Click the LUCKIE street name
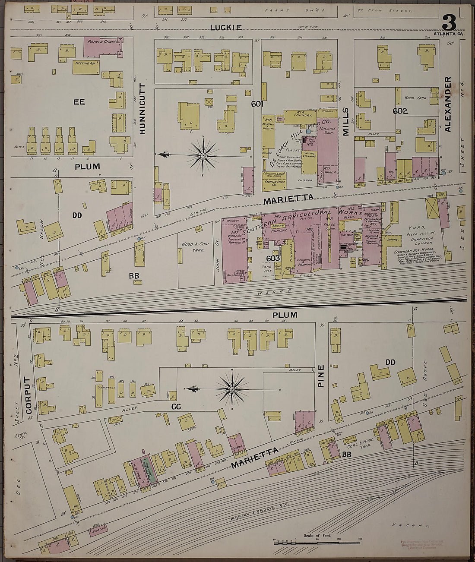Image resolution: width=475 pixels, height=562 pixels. coord(226,28)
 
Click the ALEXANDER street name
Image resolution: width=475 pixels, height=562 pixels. coord(447,104)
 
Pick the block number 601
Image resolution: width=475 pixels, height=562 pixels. coord(257,104)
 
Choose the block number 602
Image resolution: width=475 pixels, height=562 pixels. coord(400,111)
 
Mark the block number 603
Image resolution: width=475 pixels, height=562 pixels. coord(273,258)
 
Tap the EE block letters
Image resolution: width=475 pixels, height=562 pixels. coord(79,102)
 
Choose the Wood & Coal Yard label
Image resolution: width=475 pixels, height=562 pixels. coord(195,246)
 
